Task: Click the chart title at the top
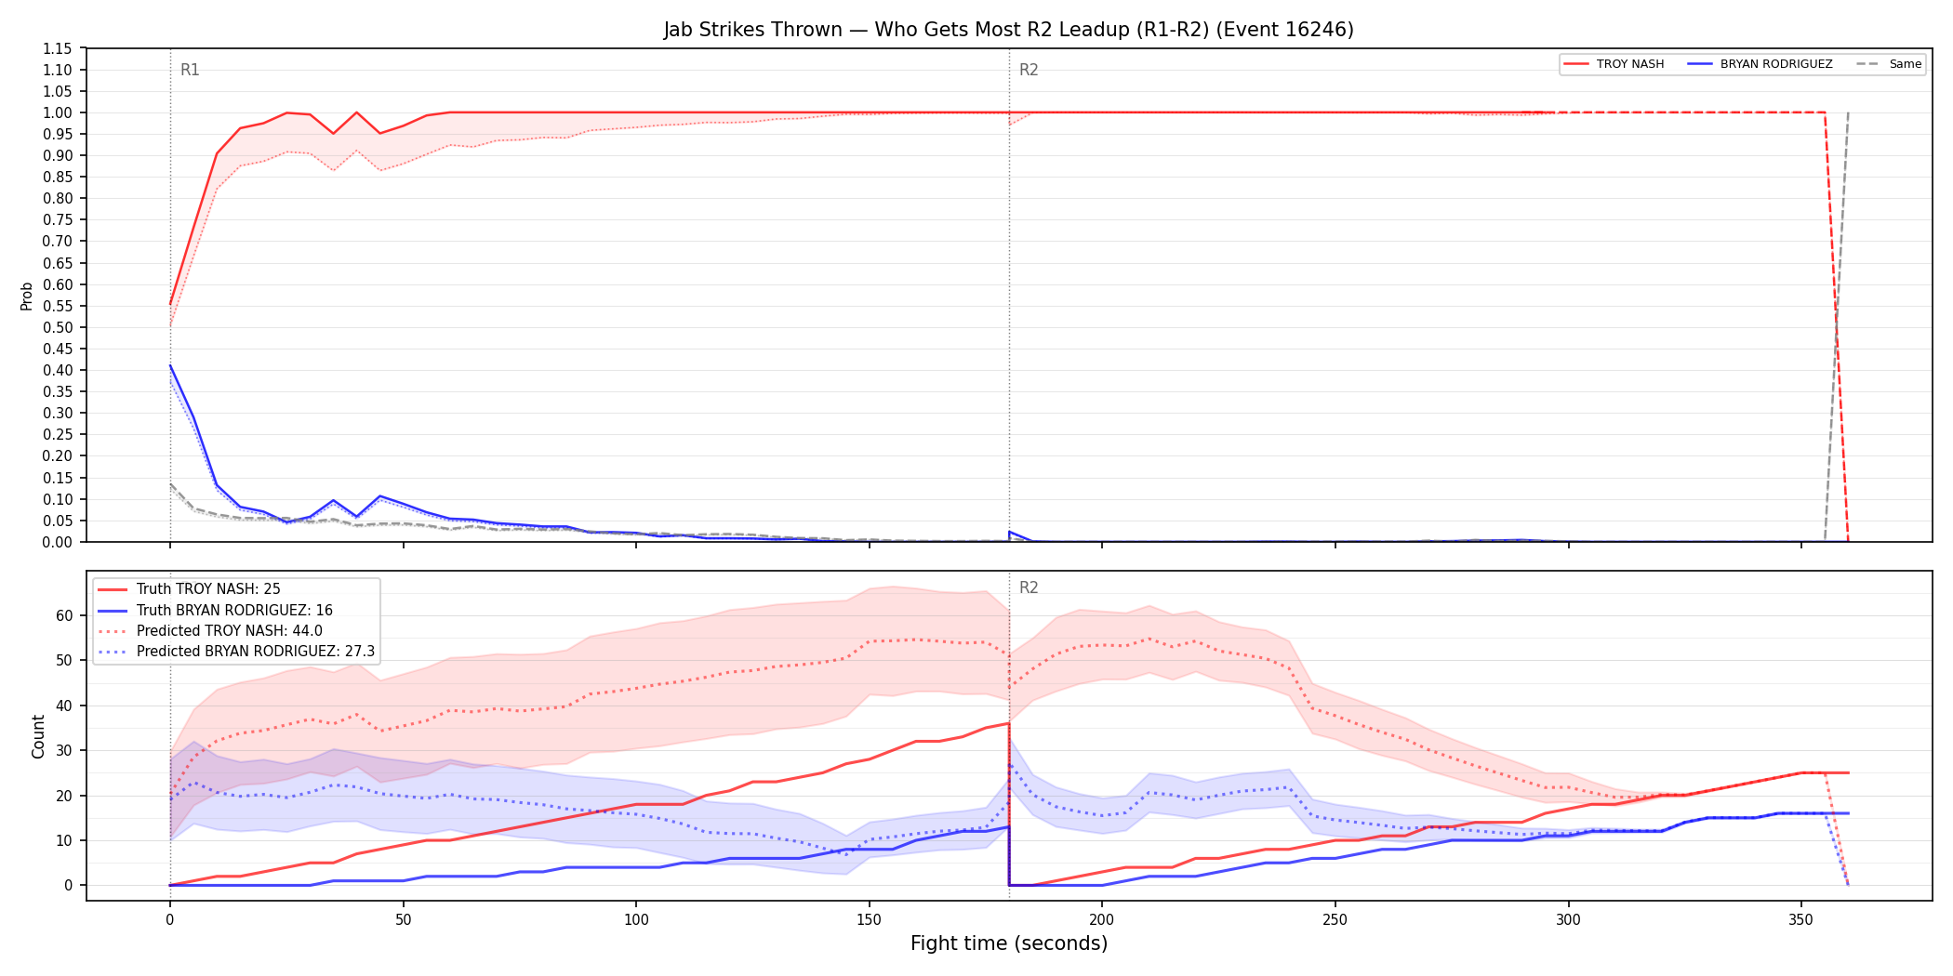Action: [x=1008, y=30]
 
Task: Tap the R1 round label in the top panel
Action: [x=190, y=70]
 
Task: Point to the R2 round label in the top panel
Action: [x=1029, y=70]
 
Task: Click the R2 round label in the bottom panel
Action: [x=1029, y=587]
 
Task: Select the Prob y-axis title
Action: [x=27, y=296]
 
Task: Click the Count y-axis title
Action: [x=38, y=736]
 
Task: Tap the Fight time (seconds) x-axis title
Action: [x=1009, y=943]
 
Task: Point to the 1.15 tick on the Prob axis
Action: [x=58, y=48]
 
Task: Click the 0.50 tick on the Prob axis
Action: [x=58, y=327]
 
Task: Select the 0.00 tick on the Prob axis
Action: [x=58, y=542]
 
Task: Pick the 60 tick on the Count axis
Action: [x=64, y=615]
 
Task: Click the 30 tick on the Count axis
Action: [x=64, y=750]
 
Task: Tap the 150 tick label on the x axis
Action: [x=870, y=920]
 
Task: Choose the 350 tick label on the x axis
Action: [x=1801, y=920]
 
